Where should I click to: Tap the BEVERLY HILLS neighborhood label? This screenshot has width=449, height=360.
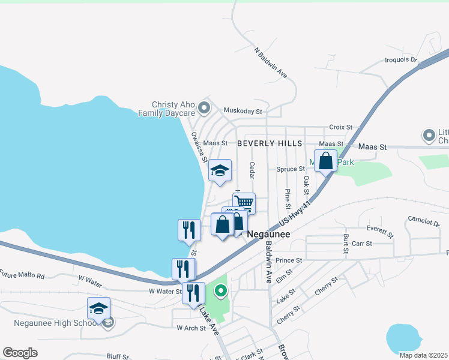271,143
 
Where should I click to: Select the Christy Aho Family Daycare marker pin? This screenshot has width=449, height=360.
204,109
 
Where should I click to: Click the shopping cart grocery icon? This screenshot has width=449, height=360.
244,202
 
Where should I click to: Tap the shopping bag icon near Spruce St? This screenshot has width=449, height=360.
325,161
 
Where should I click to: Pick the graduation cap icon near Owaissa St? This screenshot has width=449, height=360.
220,171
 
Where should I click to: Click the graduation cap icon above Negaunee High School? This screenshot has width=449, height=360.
98,308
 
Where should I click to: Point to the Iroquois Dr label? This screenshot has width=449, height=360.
400,60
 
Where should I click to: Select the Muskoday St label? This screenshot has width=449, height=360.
243,111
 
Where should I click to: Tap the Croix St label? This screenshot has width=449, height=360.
340,127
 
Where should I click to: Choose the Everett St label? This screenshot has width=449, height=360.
380,231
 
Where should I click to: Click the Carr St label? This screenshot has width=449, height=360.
362,244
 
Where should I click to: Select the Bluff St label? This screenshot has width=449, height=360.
118,356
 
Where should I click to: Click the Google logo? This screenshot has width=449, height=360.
20,353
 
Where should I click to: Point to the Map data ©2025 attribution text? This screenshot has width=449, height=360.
423,355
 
